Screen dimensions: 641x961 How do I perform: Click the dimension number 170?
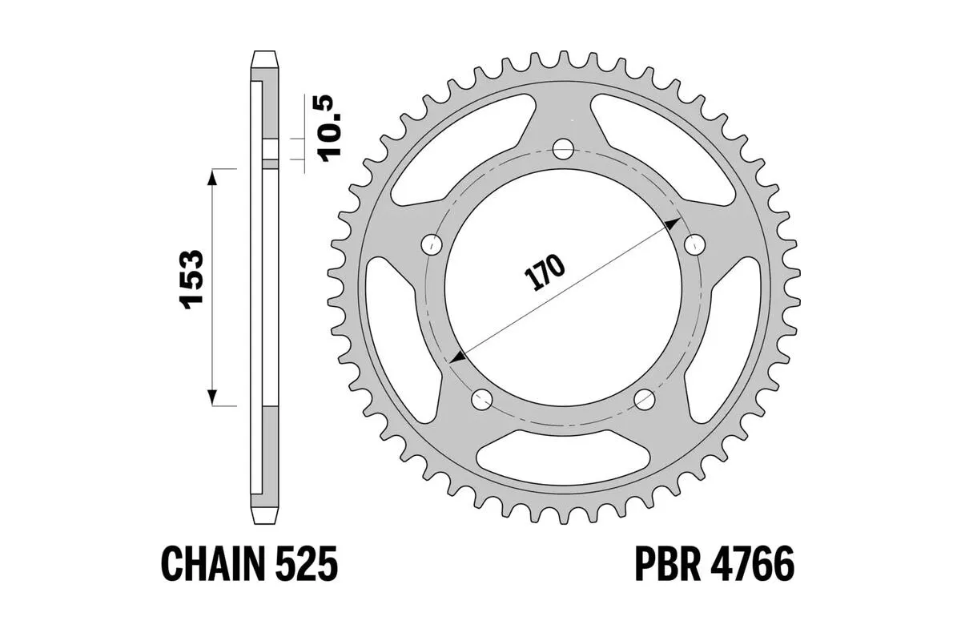(x=545, y=272)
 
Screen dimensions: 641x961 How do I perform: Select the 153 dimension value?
(x=191, y=280)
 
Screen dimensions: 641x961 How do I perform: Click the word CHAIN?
(x=213, y=565)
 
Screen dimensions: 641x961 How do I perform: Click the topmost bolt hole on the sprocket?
(x=564, y=149)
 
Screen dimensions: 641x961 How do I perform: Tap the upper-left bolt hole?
(x=432, y=244)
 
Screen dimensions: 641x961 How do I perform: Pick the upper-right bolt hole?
(x=694, y=244)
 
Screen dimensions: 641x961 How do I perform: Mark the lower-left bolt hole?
(x=482, y=398)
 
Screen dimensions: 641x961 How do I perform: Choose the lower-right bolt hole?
(x=645, y=398)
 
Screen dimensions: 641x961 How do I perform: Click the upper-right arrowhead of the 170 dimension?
(x=673, y=222)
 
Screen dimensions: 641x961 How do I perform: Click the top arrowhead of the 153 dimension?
(x=212, y=177)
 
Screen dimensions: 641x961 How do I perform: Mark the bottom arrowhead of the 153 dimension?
(x=212, y=397)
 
